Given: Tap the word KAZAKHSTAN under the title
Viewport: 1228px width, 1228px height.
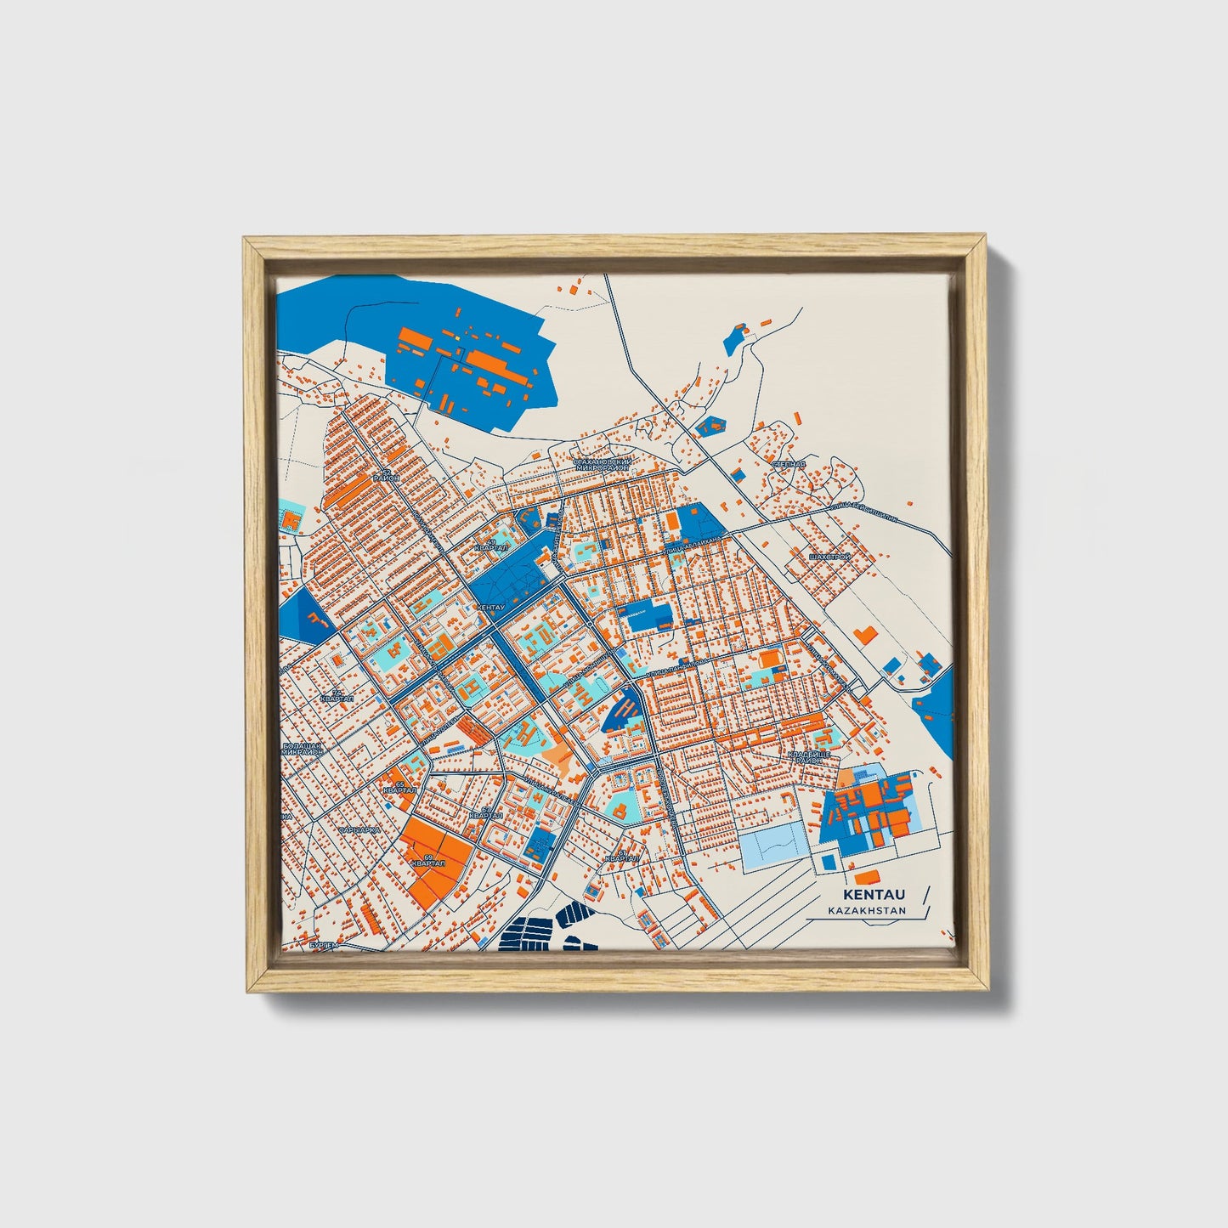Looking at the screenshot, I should pos(867,911).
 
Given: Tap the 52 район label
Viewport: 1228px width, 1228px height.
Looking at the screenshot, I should pos(391,475).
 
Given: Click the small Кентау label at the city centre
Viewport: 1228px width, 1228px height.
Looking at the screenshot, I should pos(491,608).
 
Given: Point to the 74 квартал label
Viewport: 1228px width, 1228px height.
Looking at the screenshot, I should pos(337,695).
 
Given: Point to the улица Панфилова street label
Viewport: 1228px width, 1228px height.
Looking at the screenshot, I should pos(676,669).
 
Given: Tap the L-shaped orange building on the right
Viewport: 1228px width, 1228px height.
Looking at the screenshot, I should pos(866,634).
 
